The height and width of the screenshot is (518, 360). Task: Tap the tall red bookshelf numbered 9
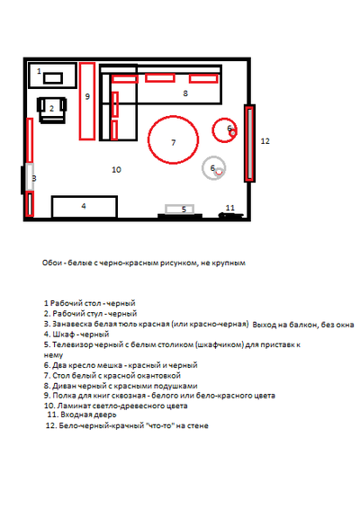87,101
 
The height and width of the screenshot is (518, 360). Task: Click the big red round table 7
173,139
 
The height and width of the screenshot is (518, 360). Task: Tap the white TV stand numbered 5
179,209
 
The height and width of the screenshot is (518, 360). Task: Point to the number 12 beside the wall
265,141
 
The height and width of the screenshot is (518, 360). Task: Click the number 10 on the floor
116,170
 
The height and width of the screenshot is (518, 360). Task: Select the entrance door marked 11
230,215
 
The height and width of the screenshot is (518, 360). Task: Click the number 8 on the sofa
185,94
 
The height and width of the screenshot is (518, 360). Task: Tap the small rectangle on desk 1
53,78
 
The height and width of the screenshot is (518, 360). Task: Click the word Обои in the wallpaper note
52,263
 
